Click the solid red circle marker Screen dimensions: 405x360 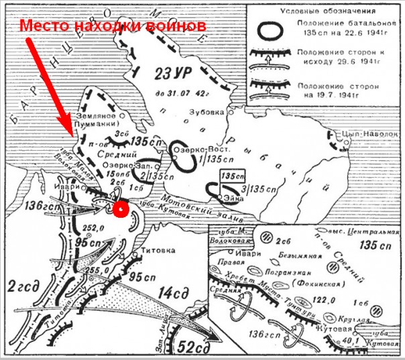120,209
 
